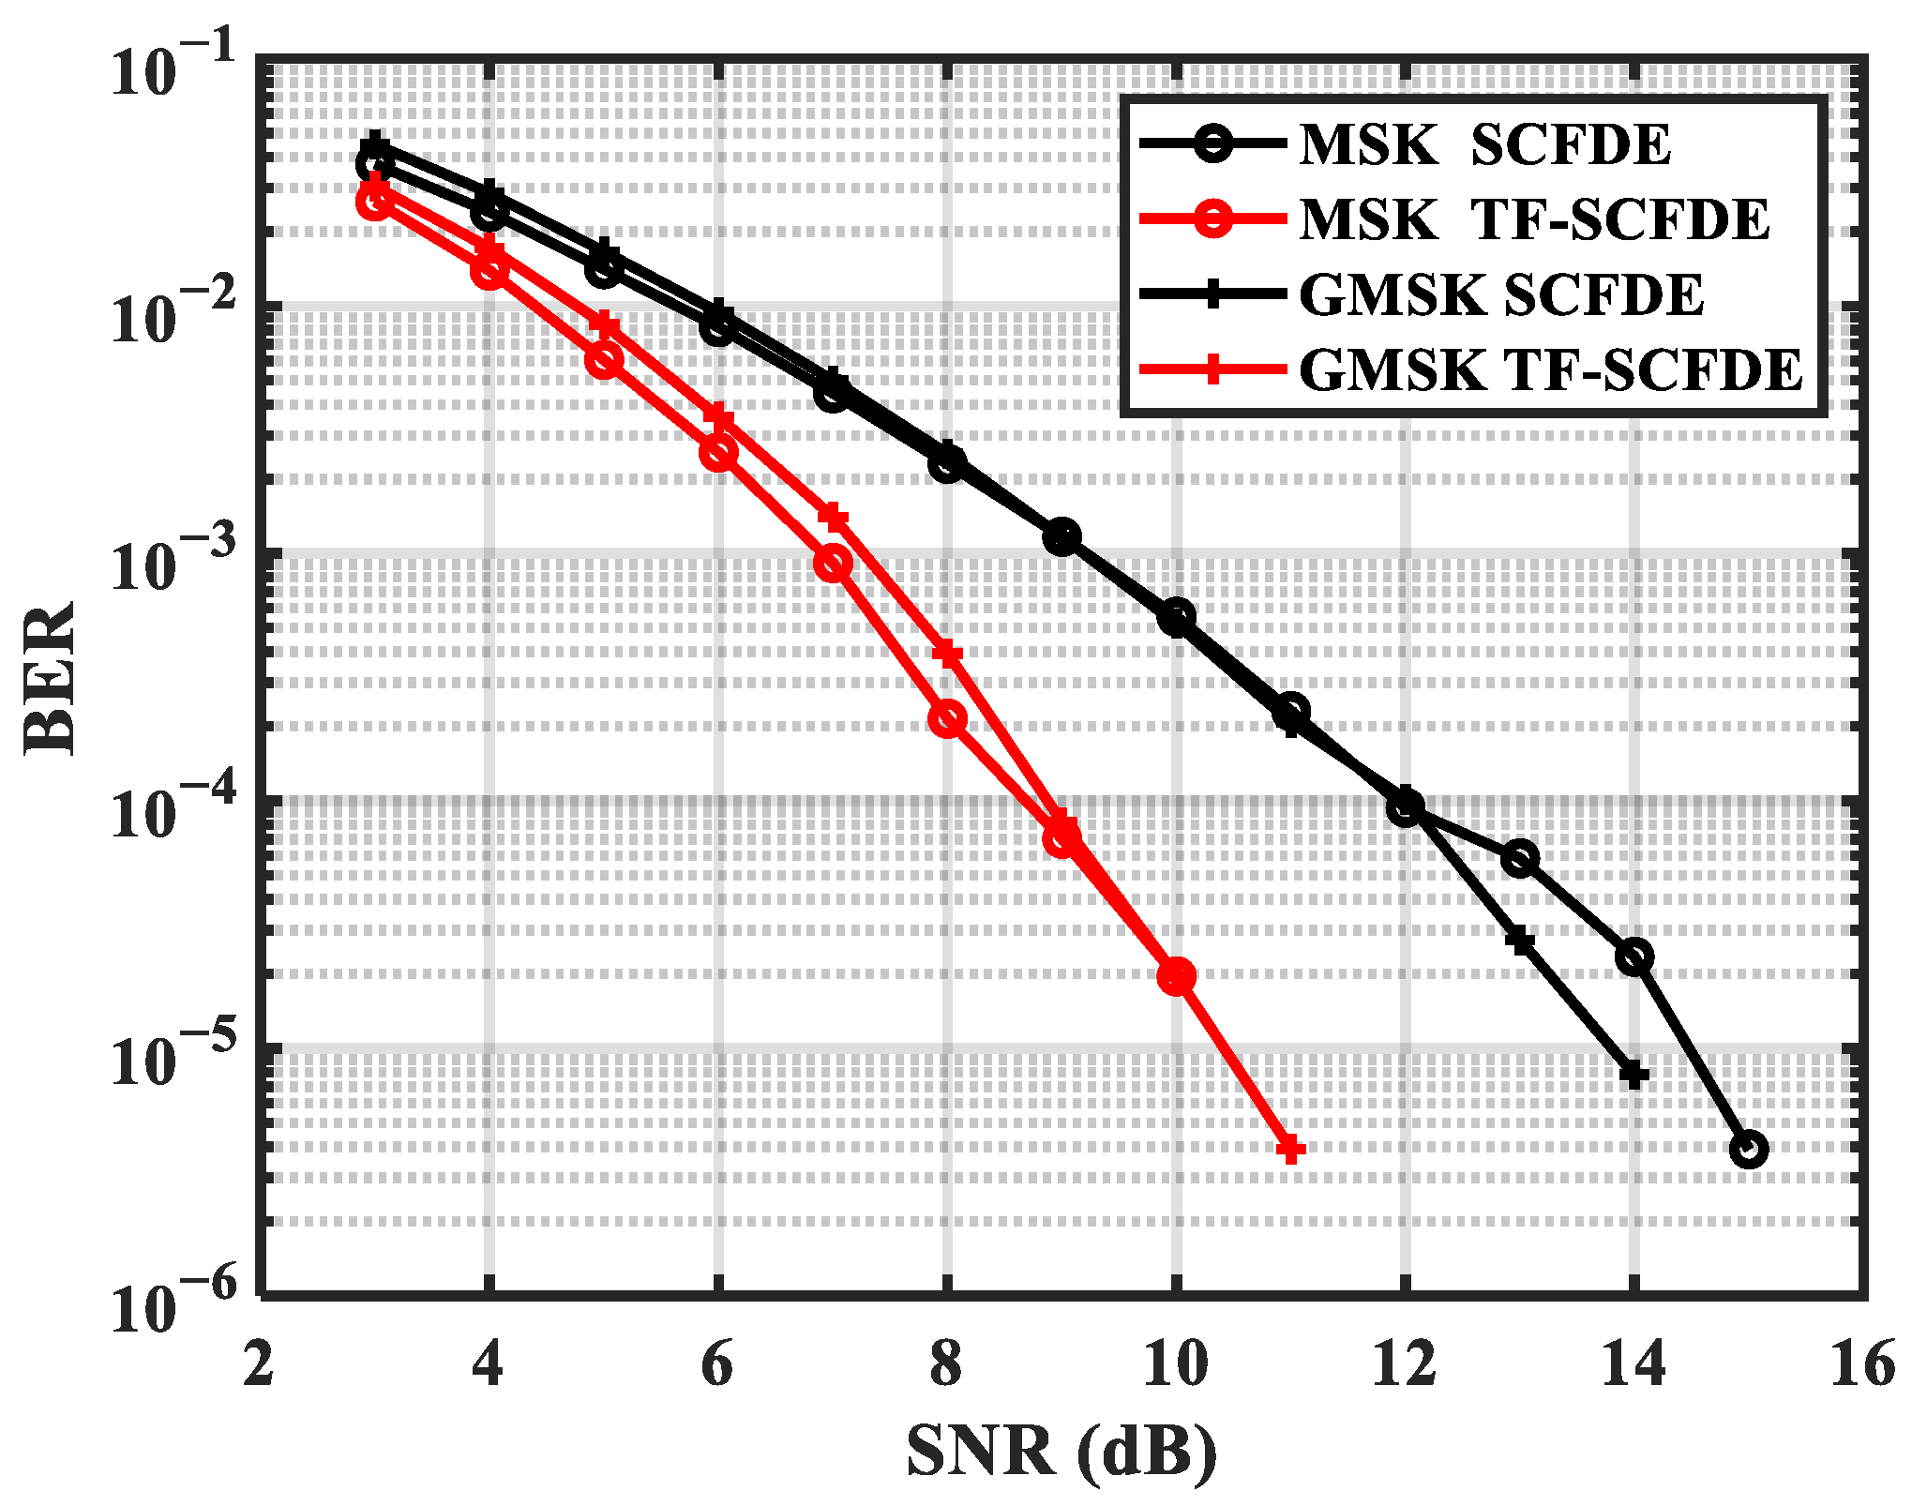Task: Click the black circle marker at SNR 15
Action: (x=1749, y=1149)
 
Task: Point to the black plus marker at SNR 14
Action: (x=1634, y=1075)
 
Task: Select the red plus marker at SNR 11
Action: (x=1291, y=1149)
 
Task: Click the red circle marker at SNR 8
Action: (x=947, y=719)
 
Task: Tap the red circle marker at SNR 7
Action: (x=833, y=564)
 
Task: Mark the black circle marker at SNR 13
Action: (x=1520, y=858)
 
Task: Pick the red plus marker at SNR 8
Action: (x=947, y=654)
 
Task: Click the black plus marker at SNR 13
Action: (x=1520, y=941)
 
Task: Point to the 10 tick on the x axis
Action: (x=1176, y=1364)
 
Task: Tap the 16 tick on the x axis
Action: (x=1862, y=1364)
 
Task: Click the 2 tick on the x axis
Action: (x=259, y=1364)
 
